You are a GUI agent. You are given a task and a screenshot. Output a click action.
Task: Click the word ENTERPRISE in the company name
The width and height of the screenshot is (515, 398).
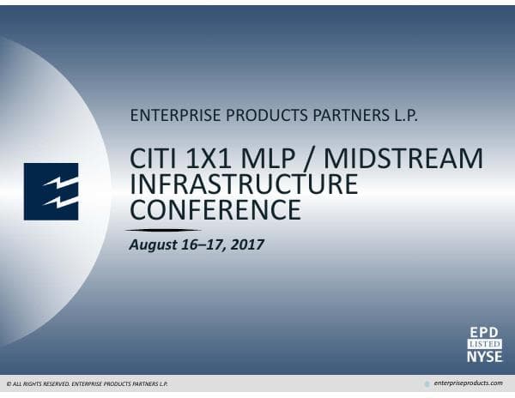(x=167, y=116)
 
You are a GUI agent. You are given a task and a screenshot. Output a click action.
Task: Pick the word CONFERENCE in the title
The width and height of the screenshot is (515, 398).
(x=215, y=208)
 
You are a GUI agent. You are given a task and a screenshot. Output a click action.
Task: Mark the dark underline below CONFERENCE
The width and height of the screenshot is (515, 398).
(x=163, y=230)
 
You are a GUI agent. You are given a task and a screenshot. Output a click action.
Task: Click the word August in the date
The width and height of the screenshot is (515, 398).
(x=153, y=245)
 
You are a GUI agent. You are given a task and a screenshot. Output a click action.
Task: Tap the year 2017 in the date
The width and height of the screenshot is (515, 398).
(x=246, y=244)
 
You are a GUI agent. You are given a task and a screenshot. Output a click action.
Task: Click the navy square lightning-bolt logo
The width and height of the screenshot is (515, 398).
(x=51, y=190)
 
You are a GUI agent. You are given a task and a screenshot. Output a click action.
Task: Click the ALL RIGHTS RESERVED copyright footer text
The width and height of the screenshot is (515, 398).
(x=86, y=383)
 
